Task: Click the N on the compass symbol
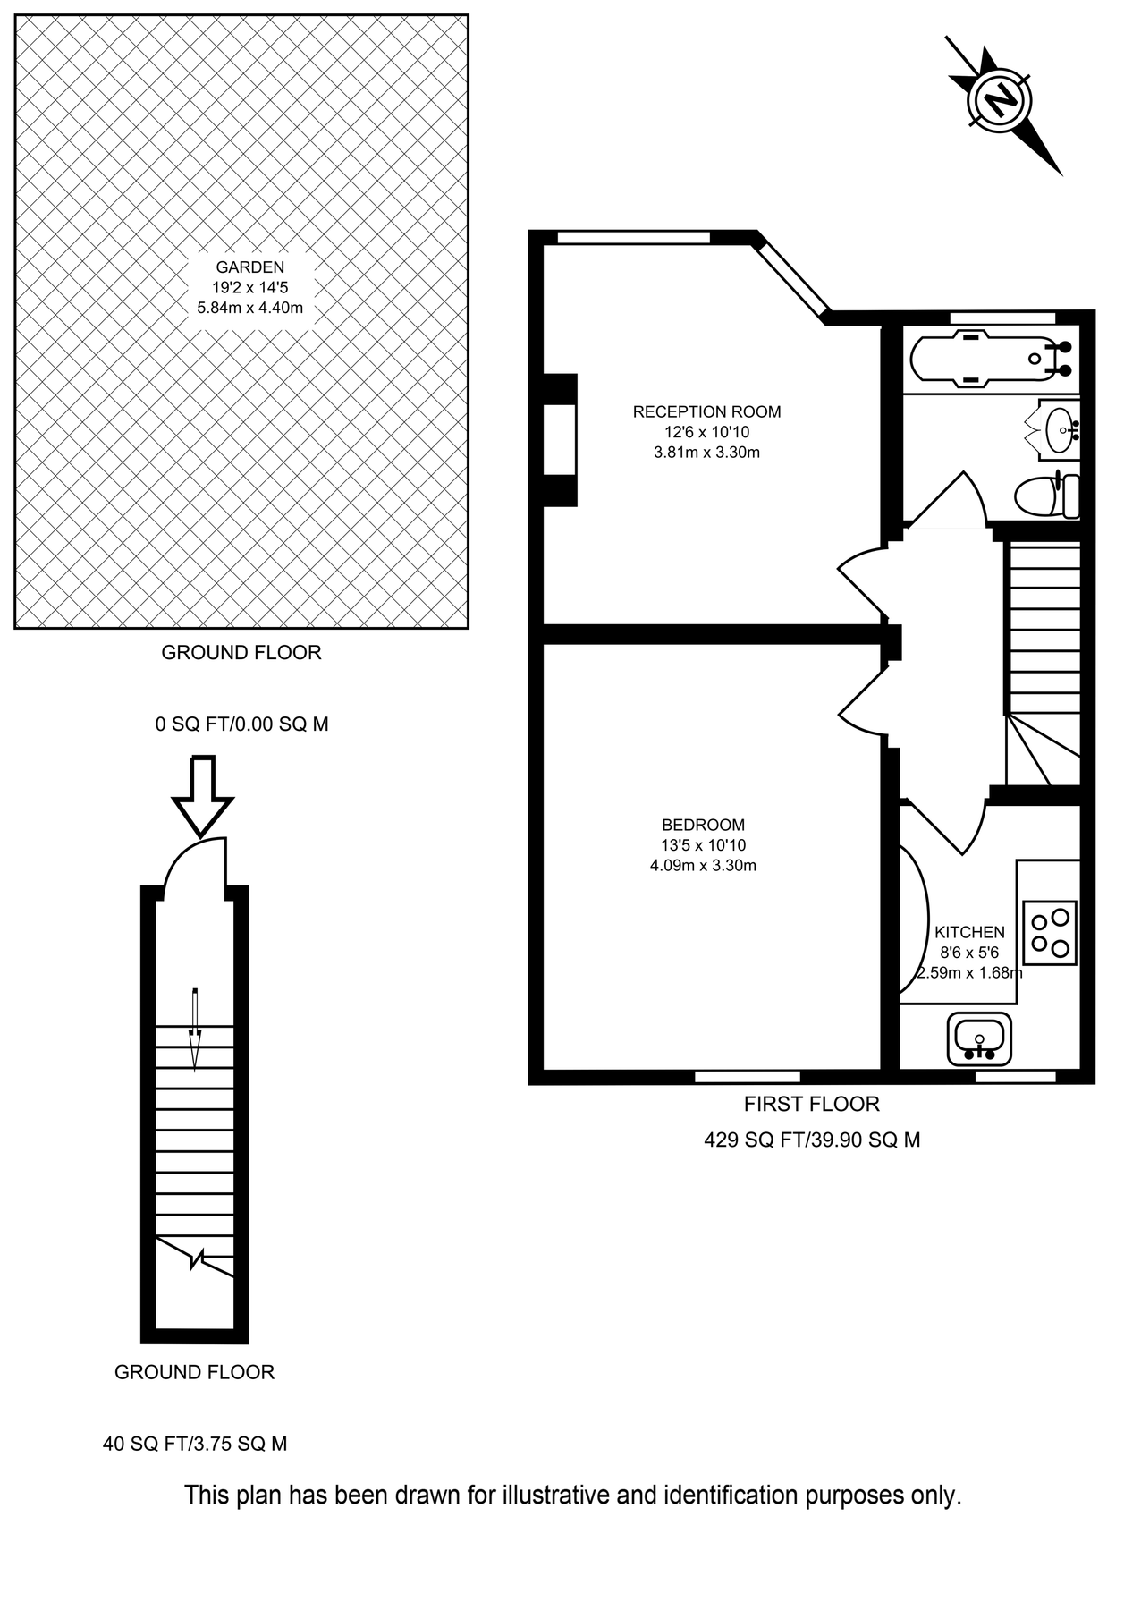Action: coord(1001,98)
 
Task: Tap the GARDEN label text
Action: coord(249,267)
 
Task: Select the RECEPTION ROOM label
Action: coord(706,411)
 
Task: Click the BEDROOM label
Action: coord(703,825)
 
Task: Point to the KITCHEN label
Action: coord(969,932)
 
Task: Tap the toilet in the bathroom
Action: coord(1046,496)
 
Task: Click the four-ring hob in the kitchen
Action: coord(1050,931)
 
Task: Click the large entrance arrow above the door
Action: coord(202,795)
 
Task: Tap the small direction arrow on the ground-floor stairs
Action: coord(195,1029)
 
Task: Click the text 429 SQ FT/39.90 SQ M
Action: coord(812,1140)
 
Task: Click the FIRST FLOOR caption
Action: coord(811,1104)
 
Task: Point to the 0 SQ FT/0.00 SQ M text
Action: coord(241,724)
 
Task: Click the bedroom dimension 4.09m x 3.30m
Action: coord(703,865)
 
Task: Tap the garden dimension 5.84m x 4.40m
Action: coord(249,308)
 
